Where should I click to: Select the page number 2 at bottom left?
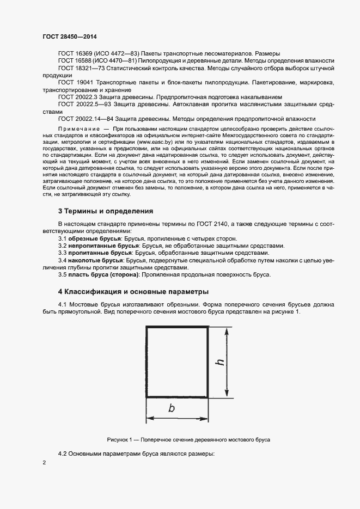pos(44,463)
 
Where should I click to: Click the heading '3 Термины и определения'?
pos(105,211)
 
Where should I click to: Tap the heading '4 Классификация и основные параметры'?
pos(133,292)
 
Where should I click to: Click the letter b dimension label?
pos(172,408)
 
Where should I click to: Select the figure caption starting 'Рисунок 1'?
pos(188,439)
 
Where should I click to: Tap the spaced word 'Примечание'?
pos(78,127)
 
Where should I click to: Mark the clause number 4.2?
pos(63,453)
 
